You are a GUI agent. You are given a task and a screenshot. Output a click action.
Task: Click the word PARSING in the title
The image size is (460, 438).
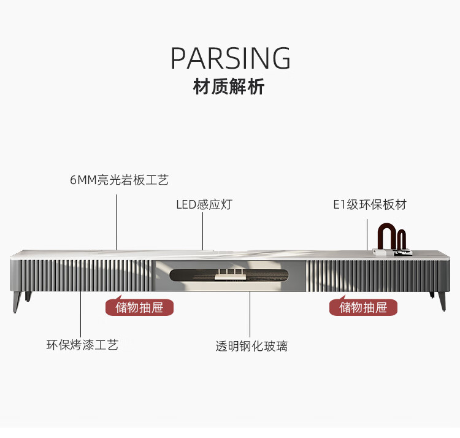[x=230, y=58]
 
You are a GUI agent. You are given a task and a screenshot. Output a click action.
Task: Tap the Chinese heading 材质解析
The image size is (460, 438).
[x=229, y=87]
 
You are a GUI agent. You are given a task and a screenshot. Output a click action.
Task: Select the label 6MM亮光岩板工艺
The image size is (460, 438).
[x=119, y=180]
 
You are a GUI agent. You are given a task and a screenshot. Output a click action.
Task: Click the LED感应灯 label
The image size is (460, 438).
[x=204, y=204]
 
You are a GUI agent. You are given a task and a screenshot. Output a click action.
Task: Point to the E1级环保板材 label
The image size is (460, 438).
[x=370, y=204]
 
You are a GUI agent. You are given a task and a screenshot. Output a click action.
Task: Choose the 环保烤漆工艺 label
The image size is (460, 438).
[x=82, y=345]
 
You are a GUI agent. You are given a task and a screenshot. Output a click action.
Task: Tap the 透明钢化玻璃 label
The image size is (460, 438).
[x=251, y=346]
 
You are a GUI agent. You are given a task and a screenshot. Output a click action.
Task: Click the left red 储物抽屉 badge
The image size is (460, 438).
[x=139, y=307]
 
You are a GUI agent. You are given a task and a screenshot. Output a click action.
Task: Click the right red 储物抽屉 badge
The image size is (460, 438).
[x=364, y=307]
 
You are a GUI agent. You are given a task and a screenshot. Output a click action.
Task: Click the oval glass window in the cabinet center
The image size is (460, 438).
[x=229, y=277]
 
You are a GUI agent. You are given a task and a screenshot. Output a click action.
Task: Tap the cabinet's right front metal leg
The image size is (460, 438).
[x=441, y=301]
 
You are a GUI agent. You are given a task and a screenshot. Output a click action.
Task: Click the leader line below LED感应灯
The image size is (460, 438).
[x=203, y=230]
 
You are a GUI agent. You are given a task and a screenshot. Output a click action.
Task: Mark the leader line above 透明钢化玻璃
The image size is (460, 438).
[x=250, y=313]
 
